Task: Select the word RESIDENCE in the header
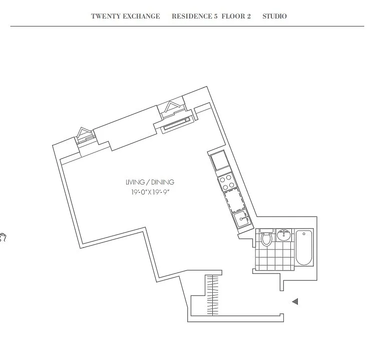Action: pos(192,16)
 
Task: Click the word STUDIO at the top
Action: pos(274,16)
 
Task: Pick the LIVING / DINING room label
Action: pos(150,182)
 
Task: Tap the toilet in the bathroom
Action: pos(266,238)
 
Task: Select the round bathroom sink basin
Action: pos(284,235)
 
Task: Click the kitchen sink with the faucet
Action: pos(241,218)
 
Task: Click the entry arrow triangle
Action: pos(295,301)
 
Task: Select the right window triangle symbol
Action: pos(173,106)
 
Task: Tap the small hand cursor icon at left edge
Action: pos(3,236)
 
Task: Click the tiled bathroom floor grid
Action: pos(274,257)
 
